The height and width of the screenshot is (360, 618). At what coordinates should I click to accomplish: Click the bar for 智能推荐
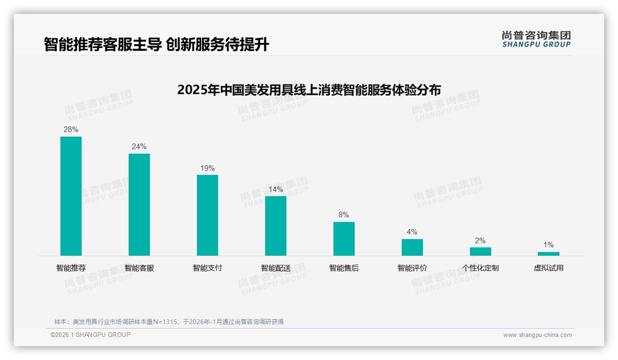coord(71,196)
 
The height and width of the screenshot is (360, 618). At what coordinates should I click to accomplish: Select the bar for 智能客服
coord(139,204)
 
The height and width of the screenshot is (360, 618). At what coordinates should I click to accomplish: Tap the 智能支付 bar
coord(208,215)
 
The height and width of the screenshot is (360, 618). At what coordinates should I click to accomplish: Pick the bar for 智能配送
coord(276,226)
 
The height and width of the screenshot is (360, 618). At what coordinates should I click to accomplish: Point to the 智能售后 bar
coord(344,239)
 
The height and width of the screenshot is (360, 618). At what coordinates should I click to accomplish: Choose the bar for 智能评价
coord(412,247)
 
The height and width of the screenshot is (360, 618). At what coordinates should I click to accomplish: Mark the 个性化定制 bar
coord(480,252)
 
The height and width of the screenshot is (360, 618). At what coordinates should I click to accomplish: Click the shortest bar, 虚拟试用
coord(548,253)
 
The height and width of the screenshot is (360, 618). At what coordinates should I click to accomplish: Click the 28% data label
coord(71,130)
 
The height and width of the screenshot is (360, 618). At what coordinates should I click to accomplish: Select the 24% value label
coord(139,147)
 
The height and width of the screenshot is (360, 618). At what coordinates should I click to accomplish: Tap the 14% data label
coord(276,190)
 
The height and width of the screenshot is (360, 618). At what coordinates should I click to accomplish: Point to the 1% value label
coord(548,245)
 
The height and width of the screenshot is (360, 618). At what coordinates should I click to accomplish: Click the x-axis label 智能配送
coord(276,268)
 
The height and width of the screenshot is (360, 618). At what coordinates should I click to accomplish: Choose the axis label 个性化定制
coord(480,268)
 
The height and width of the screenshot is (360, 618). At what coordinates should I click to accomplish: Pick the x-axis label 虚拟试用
coord(548,268)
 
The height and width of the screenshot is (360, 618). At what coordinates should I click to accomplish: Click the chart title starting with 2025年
coord(309,90)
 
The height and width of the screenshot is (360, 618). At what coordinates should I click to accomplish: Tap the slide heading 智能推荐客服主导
coord(156,45)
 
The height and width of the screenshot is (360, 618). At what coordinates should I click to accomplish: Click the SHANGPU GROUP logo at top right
coord(536,39)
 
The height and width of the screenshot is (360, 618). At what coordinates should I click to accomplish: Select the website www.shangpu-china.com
coord(537,335)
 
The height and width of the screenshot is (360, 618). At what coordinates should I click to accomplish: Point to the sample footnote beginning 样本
coord(169,322)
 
